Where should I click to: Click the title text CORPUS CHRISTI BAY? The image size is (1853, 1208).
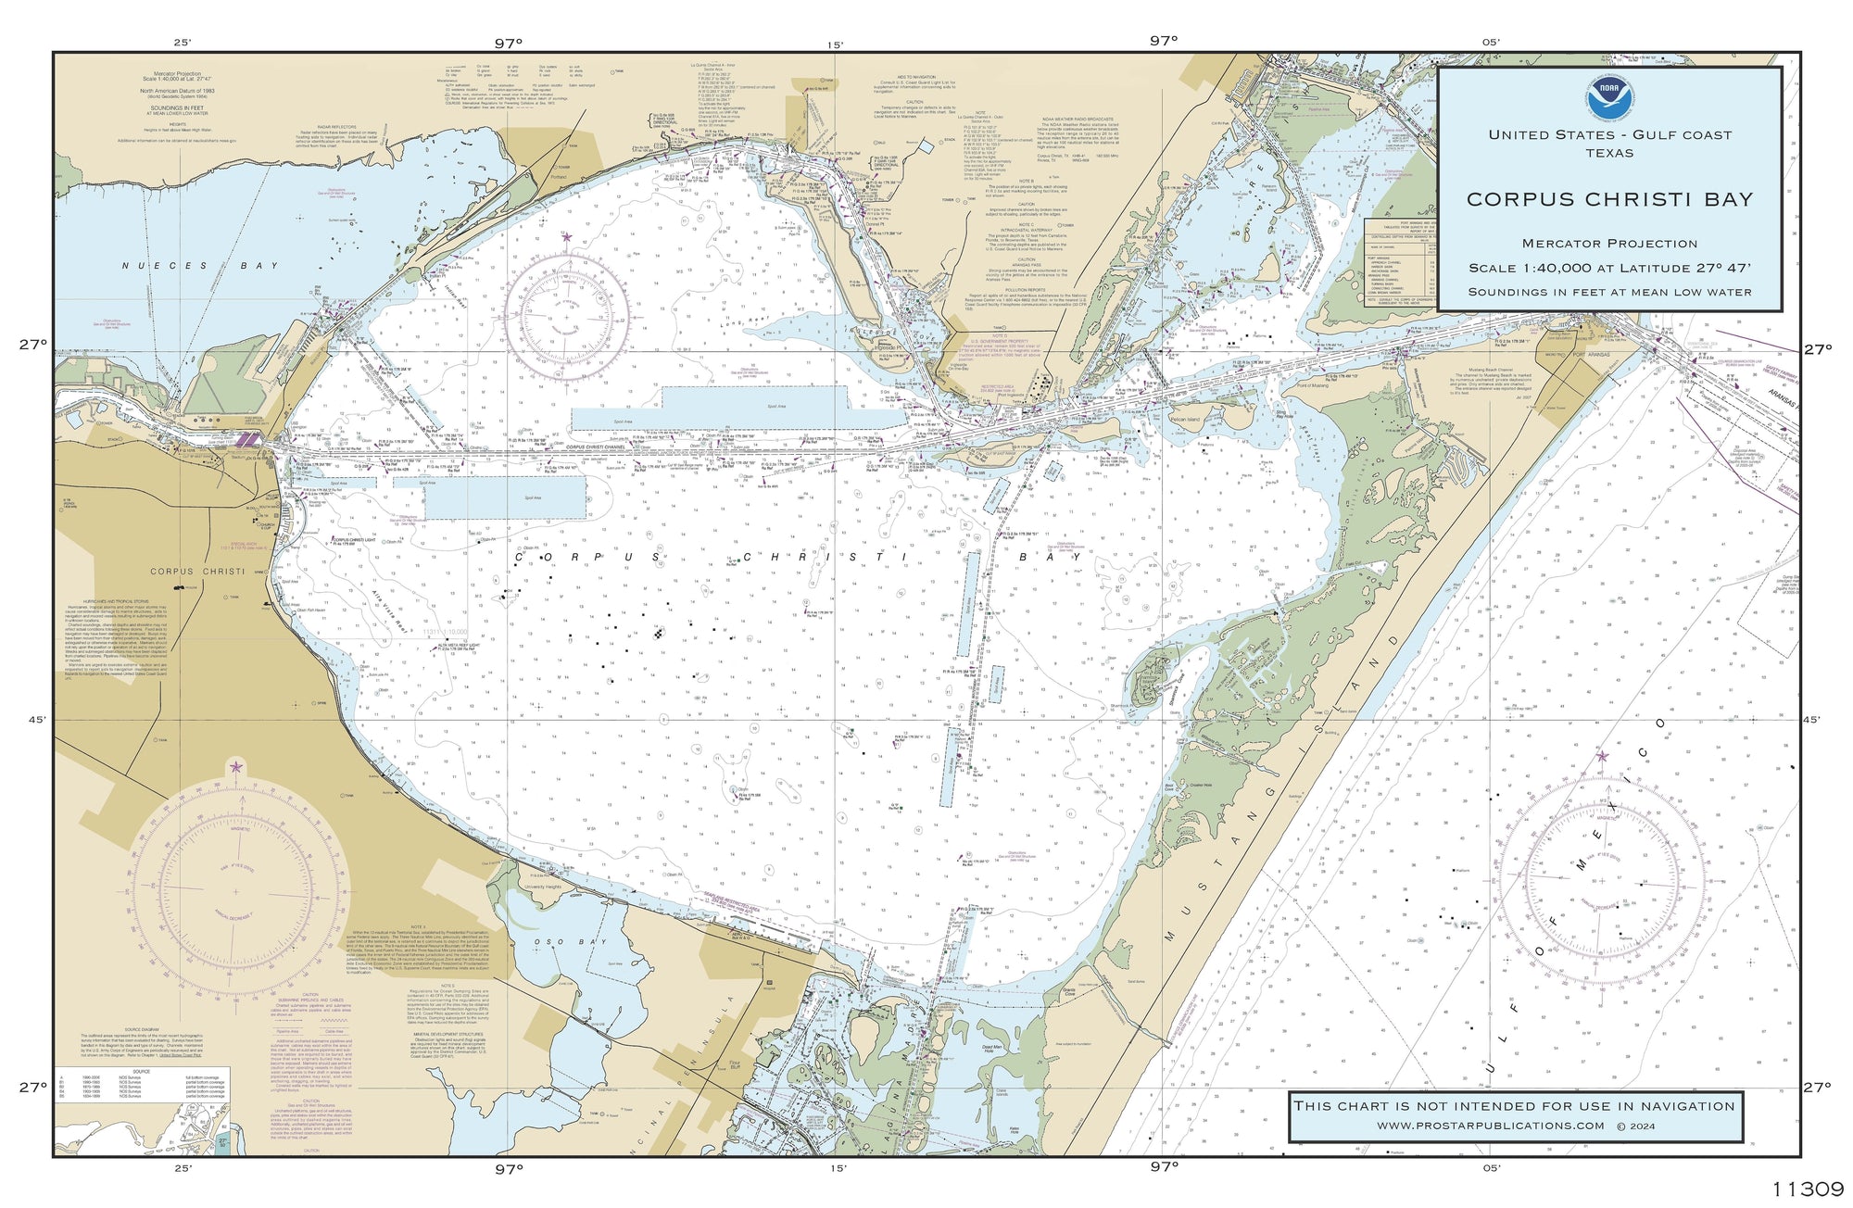pyautogui.click(x=1609, y=199)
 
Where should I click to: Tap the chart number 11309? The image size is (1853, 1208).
pyautogui.click(x=1807, y=1189)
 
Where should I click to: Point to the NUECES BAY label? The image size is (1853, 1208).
pyautogui.click(x=199, y=266)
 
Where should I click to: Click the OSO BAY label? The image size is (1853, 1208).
pyautogui.click(x=556, y=942)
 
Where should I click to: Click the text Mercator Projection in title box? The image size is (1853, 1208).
pyautogui.click(x=1609, y=244)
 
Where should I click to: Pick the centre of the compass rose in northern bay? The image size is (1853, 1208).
pyautogui.click(x=567, y=316)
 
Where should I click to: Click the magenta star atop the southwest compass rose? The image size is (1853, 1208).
pyautogui.click(x=235, y=767)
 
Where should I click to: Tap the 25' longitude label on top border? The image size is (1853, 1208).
pyautogui.click(x=182, y=42)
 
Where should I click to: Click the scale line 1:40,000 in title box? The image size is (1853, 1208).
pyautogui.click(x=1609, y=268)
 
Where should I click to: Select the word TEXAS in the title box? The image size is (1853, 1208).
pyautogui.click(x=1609, y=153)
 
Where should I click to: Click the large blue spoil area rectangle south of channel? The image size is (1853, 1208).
pyautogui.click(x=505, y=497)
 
